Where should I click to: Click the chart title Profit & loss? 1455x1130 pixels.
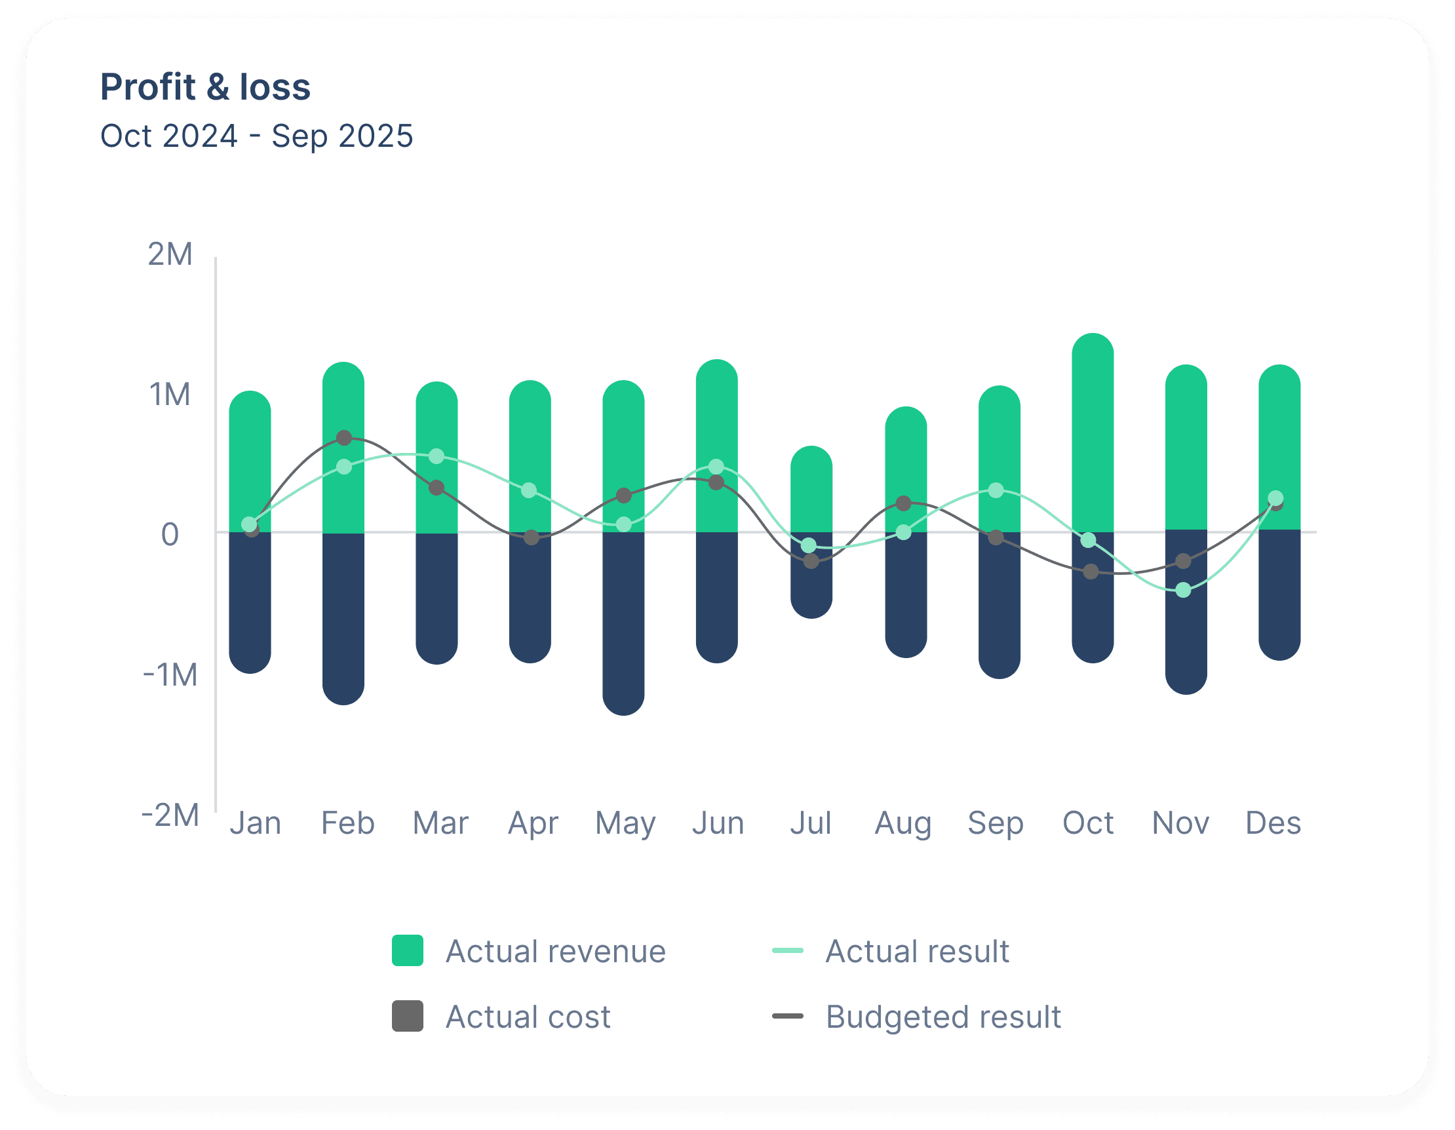click(205, 87)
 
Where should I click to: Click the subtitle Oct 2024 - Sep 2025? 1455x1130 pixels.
click(256, 136)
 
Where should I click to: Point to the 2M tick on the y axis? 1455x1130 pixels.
click(170, 254)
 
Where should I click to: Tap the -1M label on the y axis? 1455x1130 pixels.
click(170, 675)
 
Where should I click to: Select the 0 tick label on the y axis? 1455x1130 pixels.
click(170, 534)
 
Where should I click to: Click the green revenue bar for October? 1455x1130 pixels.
click(1093, 433)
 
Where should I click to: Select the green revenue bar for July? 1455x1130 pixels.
click(811, 489)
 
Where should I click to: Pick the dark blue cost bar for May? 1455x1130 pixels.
click(623, 623)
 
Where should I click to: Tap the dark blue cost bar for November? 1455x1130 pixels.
click(1186, 612)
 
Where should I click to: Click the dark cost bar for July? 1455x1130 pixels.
click(811, 575)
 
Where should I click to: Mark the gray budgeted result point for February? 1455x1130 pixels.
click(344, 438)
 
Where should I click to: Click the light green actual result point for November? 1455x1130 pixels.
click(1183, 590)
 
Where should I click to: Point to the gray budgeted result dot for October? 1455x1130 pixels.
click(1091, 571)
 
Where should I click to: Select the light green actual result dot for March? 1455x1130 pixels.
click(436, 456)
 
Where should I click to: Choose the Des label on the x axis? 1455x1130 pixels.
click(1273, 823)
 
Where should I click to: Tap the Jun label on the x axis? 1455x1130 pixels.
click(718, 823)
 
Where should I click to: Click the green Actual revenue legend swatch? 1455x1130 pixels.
click(407, 950)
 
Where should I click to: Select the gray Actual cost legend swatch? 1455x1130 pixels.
click(407, 1016)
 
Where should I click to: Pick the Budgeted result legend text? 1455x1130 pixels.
click(943, 1017)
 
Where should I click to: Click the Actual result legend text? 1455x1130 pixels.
click(918, 952)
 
